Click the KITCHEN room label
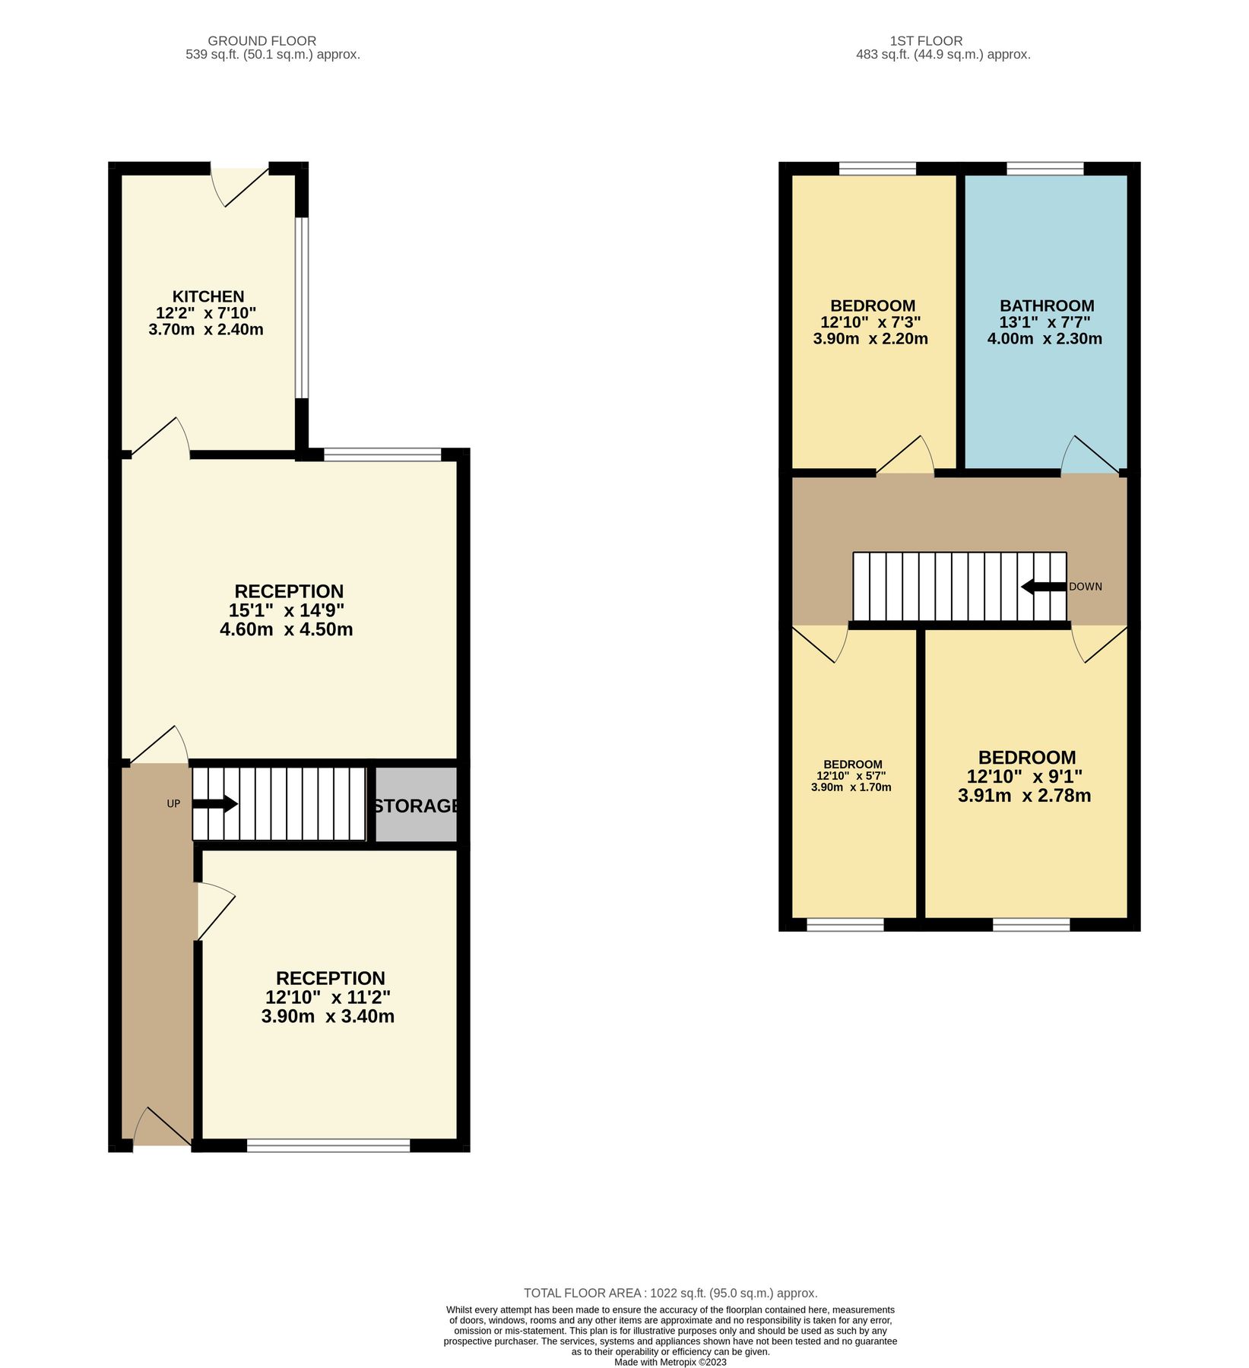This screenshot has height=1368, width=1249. [x=208, y=296]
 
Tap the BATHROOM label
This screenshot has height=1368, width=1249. [x=1046, y=306]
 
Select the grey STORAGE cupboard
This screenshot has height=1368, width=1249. [x=417, y=805]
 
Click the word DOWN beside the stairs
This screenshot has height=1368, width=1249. [x=1085, y=587]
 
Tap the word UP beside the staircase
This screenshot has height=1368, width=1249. [x=173, y=803]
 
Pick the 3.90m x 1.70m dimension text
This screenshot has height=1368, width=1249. [x=851, y=787]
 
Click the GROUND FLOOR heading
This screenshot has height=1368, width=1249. [x=262, y=41]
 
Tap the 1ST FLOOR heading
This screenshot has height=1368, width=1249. [x=926, y=41]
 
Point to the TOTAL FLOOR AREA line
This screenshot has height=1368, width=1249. [x=670, y=1293]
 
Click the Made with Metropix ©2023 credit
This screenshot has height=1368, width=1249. [x=670, y=1362]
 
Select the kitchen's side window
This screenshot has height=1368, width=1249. [x=302, y=308]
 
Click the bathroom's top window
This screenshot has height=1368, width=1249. [x=1045, y=168]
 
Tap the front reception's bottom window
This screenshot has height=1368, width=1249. [x=328, y=1145]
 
